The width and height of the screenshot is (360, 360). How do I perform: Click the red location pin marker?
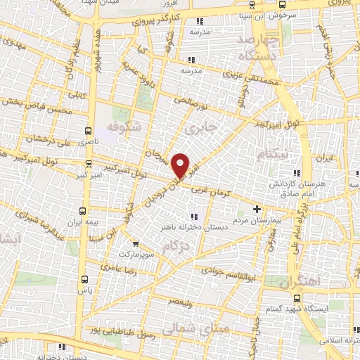point(181,165)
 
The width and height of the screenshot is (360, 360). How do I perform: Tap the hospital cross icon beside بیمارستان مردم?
point(257,209)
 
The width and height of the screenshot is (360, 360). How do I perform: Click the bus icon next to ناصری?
point(88,131)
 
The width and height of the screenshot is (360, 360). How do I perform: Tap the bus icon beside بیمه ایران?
point(84,211)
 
